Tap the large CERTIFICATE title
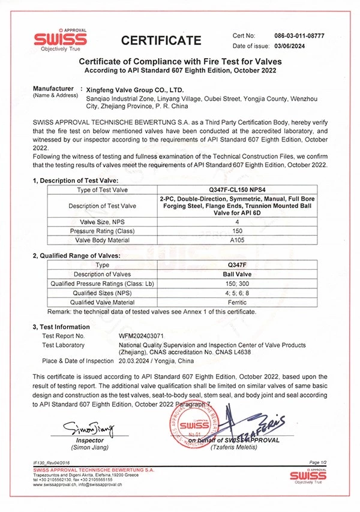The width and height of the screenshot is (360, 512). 161,41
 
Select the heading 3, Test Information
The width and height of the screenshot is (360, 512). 61,327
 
